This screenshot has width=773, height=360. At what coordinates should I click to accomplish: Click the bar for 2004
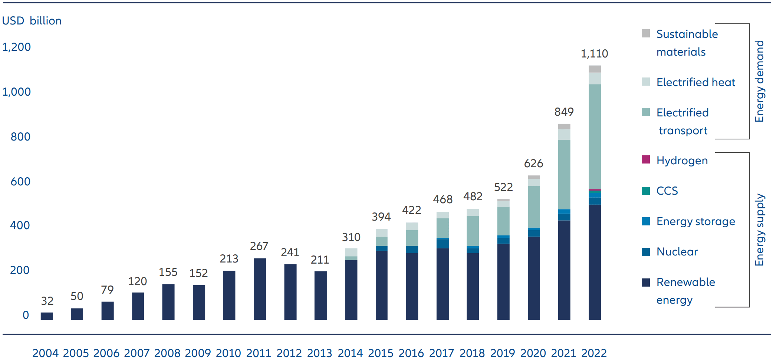(47, 316)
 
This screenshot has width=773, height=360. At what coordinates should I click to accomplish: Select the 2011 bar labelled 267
(260, 289)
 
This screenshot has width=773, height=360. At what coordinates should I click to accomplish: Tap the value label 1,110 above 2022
(594, 54)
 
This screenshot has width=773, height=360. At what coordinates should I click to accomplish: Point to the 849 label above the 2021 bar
(564, 112)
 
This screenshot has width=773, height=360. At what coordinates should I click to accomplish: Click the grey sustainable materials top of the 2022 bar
(595, 69)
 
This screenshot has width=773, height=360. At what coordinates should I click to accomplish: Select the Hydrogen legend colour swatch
(646, 160)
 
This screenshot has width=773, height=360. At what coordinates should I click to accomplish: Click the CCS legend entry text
(667, 191)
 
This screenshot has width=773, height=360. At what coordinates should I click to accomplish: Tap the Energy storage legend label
(695, 221)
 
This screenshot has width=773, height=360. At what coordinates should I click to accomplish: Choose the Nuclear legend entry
(677, 252)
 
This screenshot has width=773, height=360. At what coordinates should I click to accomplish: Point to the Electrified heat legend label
(695, 82)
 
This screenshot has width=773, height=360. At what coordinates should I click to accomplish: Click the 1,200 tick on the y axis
(16, 47)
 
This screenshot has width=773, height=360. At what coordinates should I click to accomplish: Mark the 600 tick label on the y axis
(20, 182)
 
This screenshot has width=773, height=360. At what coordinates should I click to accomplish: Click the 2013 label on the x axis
(319, 353)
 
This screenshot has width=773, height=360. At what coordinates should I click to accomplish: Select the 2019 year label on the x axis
(503, 353)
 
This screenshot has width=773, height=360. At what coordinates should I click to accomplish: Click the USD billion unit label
(32, 21)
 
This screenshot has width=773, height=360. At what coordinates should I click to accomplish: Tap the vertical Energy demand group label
(759, 81)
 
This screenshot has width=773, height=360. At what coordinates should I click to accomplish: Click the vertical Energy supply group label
(759, 230)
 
